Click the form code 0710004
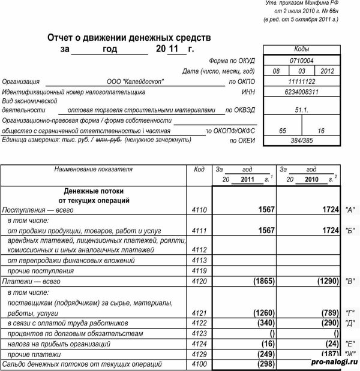(301, 61)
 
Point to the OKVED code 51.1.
(301, 111)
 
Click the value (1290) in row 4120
(325, 280)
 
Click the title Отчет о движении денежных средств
(129, 37)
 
